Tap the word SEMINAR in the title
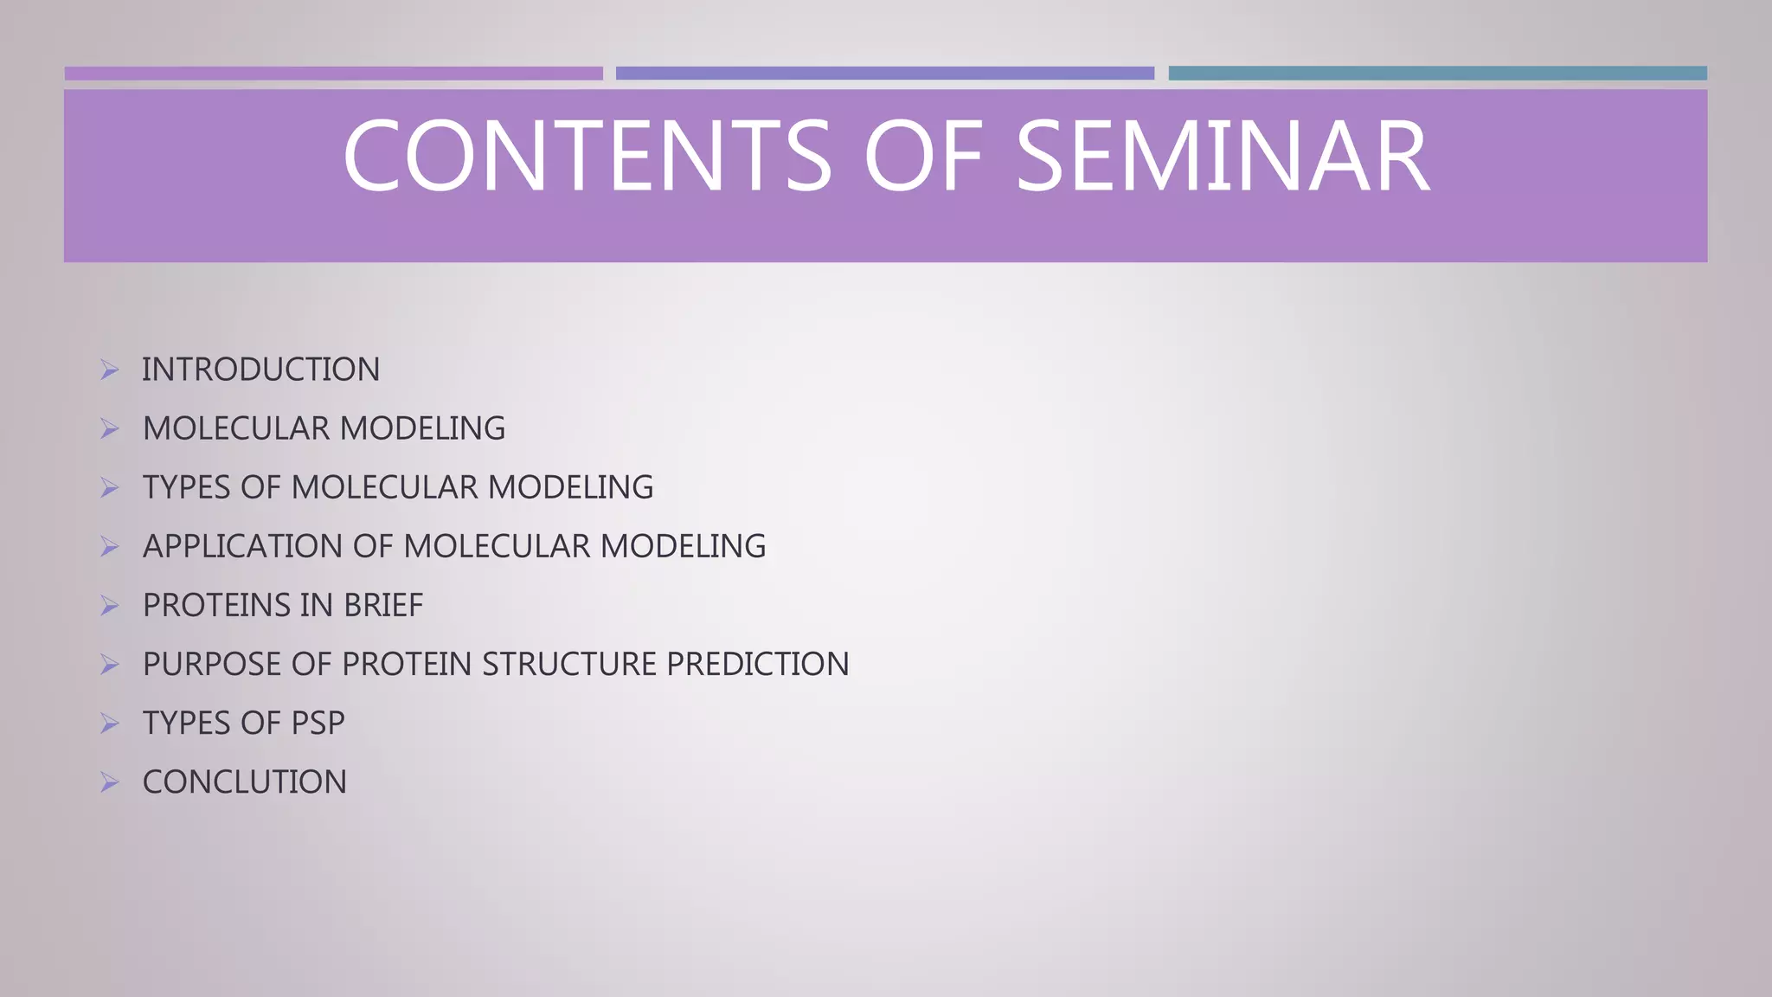click(1222, 158)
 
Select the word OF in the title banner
click(923, 158)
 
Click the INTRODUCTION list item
click(260, 370)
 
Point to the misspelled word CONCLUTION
click(245, 782)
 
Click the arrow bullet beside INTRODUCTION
click(109, 370)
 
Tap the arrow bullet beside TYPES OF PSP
click(109, 724)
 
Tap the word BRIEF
click(382, 606)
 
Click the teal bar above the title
click(1437, 74)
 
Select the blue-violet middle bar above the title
click(884, 74)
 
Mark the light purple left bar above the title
click(333, 74)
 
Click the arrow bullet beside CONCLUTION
click(109, 782)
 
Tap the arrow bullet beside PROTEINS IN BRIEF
click(109, 606)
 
